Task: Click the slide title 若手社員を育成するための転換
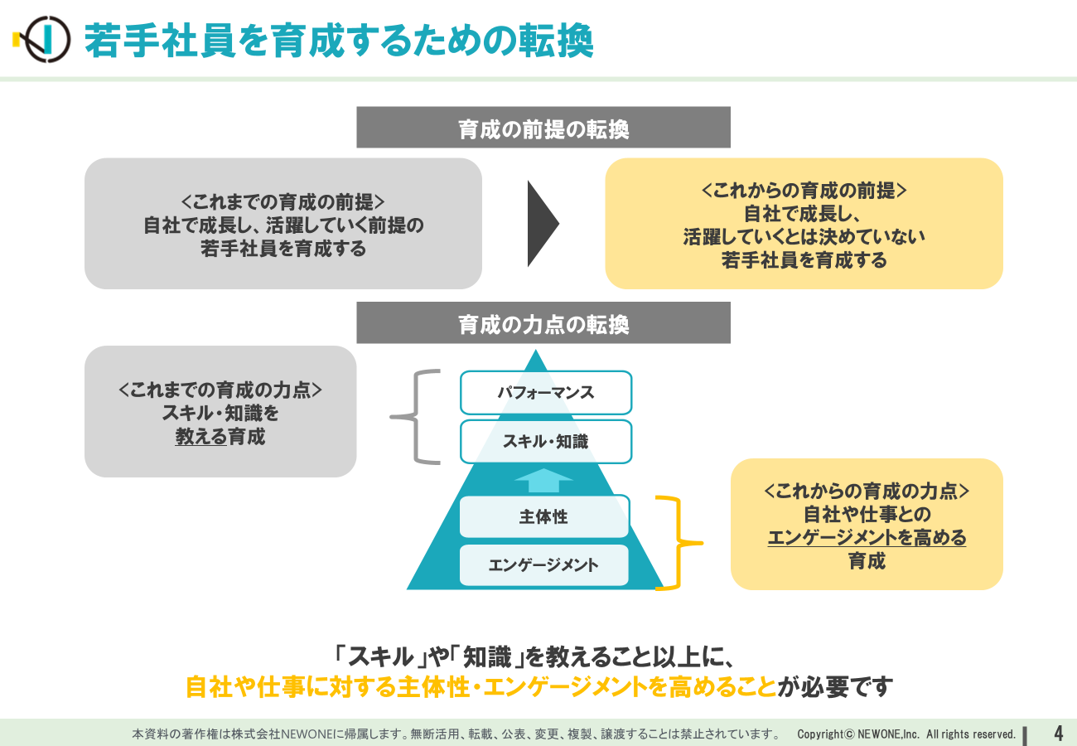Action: [339, 41]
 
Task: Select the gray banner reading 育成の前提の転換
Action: [543, 127]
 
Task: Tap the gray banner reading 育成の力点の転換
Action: [543, 322]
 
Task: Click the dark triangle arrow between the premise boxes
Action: [543, 224]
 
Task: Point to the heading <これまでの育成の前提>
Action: [283, 202]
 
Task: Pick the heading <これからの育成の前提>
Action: [804, 191]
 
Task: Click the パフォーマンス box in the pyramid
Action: [546, 393]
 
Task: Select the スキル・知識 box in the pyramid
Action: [546, 442]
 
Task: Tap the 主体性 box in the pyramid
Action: [543, 516]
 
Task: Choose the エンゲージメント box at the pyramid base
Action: [543, 564]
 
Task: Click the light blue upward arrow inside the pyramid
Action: [543, 480]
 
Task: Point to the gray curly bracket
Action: [414, 417]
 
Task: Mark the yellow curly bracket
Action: [679, 543]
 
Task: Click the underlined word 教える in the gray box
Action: [200, 437]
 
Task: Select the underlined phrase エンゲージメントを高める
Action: [867, 538]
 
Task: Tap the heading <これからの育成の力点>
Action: [867, 491]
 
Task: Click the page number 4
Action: [1058, 734]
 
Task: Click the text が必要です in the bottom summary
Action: [835, 687]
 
